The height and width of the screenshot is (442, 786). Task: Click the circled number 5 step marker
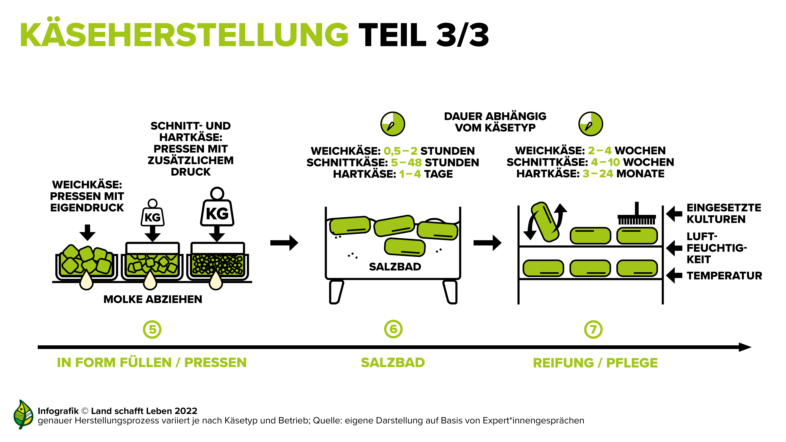[152, 330]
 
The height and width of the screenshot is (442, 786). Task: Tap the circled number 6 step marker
[393, 329]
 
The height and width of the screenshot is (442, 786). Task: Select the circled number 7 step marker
[593, 330]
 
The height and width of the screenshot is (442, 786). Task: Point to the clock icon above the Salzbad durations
[393, 124]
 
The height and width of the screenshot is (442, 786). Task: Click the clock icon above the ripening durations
[591, 124]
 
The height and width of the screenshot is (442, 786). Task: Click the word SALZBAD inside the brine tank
[395, 267]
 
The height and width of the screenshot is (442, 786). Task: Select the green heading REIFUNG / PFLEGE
[595, 363]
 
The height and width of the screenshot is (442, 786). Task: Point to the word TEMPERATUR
[724, 276]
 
